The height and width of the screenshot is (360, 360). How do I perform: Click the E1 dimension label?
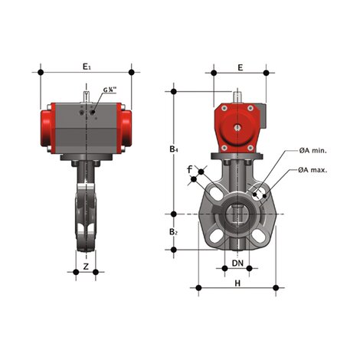87,67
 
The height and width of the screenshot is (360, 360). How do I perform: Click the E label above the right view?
240,67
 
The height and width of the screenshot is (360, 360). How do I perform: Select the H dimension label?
238,283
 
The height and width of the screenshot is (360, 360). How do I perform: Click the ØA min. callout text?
312,152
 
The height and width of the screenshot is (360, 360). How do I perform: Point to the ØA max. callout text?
313,169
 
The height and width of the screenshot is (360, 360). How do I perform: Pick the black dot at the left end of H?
198,289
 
